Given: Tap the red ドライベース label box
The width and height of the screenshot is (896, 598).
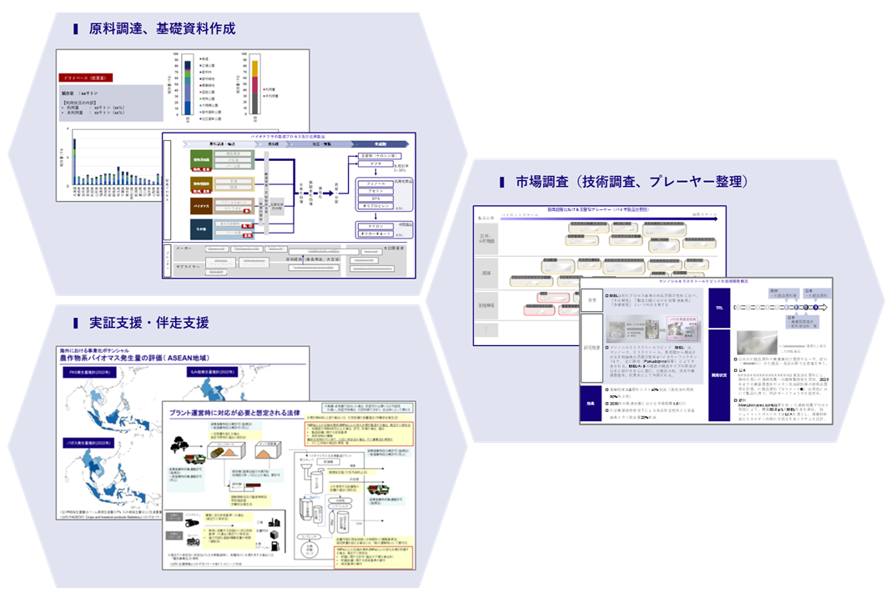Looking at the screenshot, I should pyautogui.click(x=87, y=78).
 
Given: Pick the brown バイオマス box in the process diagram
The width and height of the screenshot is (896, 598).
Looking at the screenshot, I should pyautogui.click(x=201, y=204).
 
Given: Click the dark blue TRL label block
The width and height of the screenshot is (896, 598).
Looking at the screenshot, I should pyautogui.click(x=719, y=306).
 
